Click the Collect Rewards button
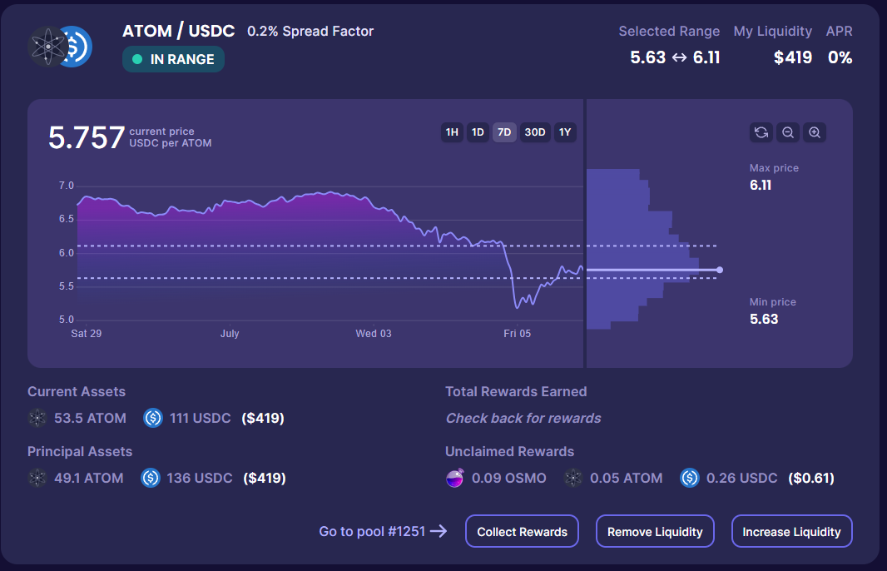[522, 532]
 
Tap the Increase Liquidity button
[791, 532]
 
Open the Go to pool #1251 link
[383, 532]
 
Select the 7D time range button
[504, 132]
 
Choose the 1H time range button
[452, 132]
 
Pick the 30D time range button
[535, 132]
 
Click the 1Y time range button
[565, 132]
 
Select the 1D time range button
[478, 132]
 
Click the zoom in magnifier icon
[815, 132]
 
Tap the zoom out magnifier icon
[788, 132]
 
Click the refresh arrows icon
[761, 132]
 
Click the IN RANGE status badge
[173, 59]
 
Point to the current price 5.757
[87, 137]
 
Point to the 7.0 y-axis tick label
[67, 186]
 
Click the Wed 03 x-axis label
[374, 334]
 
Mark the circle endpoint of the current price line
[720, 270]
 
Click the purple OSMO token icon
[454, 478]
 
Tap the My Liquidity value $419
[792, 58]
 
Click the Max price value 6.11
[761, 185]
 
